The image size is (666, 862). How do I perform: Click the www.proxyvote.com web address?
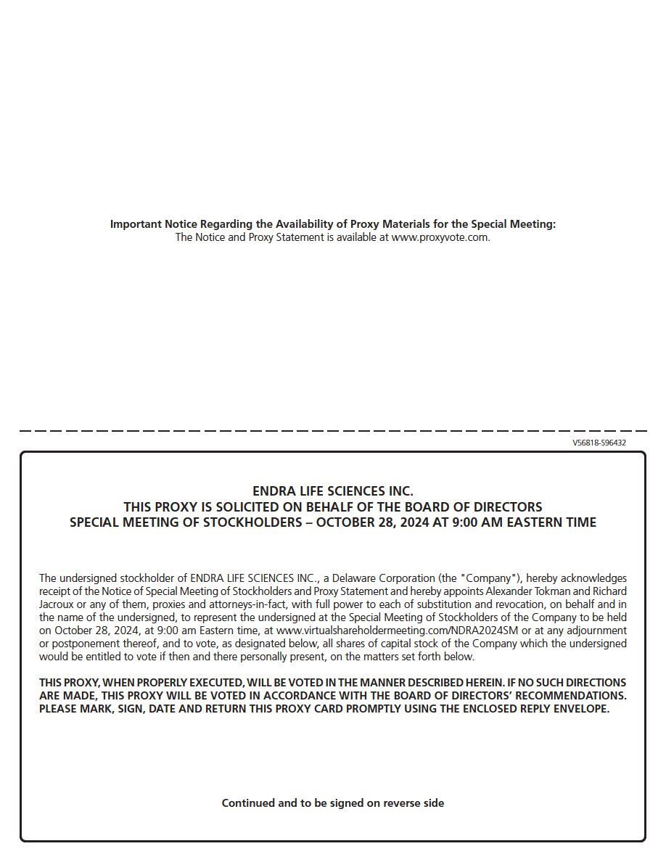pyautogui.click(x=440, y=237)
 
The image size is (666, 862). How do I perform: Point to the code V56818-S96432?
pyautogui.click(x=599, y=443)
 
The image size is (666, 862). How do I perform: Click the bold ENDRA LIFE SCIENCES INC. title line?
pyautogui.click(x=333, y=491)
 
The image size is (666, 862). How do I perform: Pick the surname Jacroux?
pyautogui.click(x=57, y=604)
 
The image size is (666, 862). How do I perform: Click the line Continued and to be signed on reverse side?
pyautogui.click(x=333, y=803)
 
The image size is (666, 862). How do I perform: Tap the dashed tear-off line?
pyautogui.click(x=333, y=431)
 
